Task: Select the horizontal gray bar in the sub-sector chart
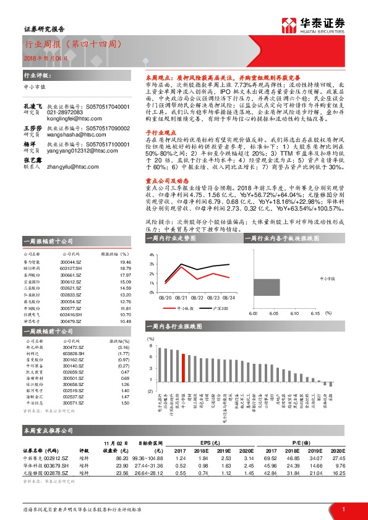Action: point(265,288)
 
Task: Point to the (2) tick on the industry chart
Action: point(150,392)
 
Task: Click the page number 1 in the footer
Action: point(343,509)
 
